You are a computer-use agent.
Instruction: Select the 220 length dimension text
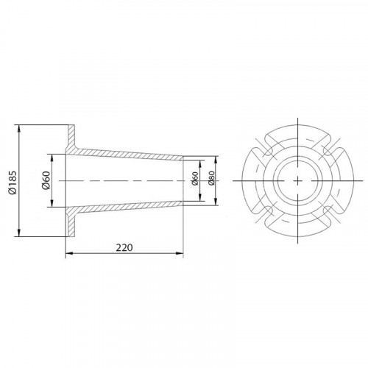[x=124, y=248]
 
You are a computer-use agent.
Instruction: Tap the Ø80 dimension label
[x=211, y=178]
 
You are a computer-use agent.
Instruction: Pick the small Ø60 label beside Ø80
[x=195, y=179]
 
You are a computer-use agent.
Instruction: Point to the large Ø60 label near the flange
[x=46, y=180]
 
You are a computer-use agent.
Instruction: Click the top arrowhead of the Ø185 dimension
[x=19, y=129]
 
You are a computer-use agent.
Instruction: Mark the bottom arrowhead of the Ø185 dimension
[x=19, y=233]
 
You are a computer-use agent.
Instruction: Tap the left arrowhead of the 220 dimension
[x=69, y=254]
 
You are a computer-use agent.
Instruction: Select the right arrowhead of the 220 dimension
[x=180, y=254]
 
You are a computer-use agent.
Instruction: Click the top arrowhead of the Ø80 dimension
[x=216, y=160]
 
